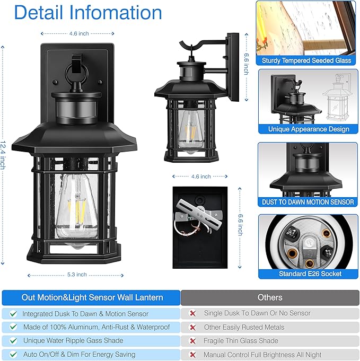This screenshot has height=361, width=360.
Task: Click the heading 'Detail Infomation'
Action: tap(88, 12)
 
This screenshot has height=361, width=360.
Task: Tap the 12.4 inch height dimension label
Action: tap(3, 154)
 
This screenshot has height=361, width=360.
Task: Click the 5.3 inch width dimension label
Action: tap(78, 275)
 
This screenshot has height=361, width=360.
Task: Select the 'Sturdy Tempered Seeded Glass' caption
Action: tap(306, 60)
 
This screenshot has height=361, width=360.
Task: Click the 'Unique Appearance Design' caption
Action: tap(308, 129)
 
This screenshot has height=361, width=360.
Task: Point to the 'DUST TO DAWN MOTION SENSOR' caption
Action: tap(308, 202)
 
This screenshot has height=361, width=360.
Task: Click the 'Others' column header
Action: tap(270, 297)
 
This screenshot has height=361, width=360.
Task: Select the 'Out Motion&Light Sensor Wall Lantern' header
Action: tap(92, 297)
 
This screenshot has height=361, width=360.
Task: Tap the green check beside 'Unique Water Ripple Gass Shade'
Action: tap(13, 341)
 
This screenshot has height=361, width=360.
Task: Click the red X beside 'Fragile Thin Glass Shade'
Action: tap(193, 341)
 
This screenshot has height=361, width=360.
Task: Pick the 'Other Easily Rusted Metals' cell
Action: tap(244, 327)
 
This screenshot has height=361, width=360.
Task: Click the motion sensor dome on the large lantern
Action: tap(78, 109)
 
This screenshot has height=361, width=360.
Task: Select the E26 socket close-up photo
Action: tap(308, 241)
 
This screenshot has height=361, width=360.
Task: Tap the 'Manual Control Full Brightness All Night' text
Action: tap(262, 355)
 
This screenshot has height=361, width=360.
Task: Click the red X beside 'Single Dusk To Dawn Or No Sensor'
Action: tap(193, 313)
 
